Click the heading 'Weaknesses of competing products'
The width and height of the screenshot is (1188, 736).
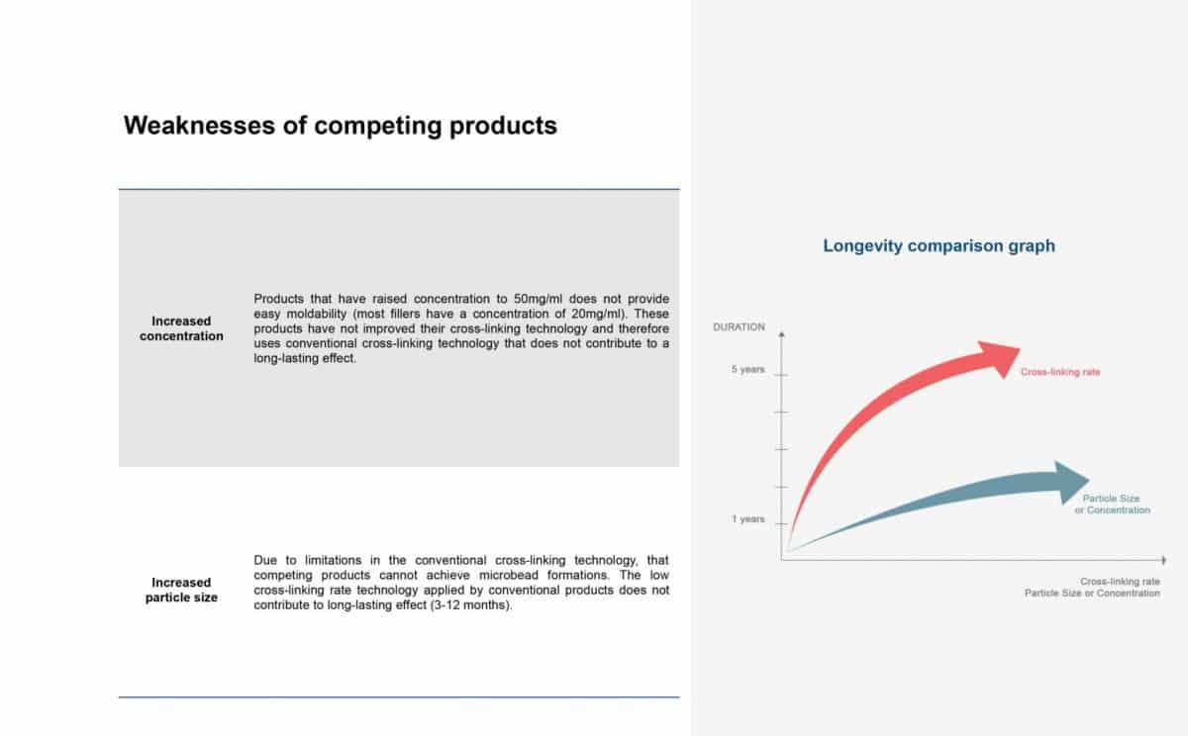point(340,126)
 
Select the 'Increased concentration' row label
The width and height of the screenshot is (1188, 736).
point(181,328)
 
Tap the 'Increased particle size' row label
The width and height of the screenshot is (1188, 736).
point(181,590)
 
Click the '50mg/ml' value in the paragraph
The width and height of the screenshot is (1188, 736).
point(538,299)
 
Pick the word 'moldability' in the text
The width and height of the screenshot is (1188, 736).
point(317,314)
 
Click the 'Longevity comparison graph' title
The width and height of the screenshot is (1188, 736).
point(939,246)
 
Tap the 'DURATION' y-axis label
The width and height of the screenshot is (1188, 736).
point(739,327)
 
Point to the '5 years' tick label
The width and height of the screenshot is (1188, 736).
point(747,369)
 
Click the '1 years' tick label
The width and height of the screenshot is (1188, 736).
point(747,519)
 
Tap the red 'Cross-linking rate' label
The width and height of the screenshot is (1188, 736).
point(1060,372)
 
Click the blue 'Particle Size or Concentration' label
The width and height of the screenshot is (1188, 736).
point(1112,505)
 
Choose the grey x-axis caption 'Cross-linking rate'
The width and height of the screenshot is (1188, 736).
point(1120,582)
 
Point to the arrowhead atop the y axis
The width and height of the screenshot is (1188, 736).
point(781,334)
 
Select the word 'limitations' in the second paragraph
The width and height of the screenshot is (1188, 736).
point(333,560)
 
